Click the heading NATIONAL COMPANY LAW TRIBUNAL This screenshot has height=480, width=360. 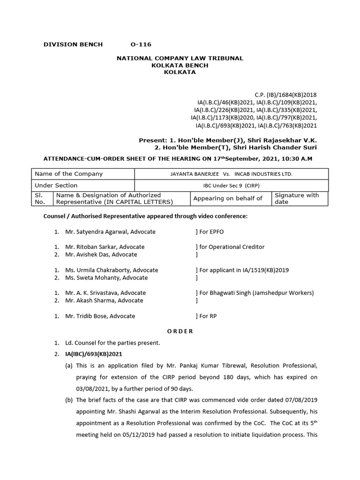[180, 58]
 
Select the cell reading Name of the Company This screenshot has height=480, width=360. [68, 174]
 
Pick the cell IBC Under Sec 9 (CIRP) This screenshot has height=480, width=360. [231, 186]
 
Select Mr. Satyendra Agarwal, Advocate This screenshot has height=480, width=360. [110, 232]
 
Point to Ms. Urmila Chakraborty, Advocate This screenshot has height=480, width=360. [112, 270]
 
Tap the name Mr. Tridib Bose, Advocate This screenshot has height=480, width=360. [100, 316]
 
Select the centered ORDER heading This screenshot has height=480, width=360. [180, 331]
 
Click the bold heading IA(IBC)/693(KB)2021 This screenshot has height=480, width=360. [94, 354]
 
